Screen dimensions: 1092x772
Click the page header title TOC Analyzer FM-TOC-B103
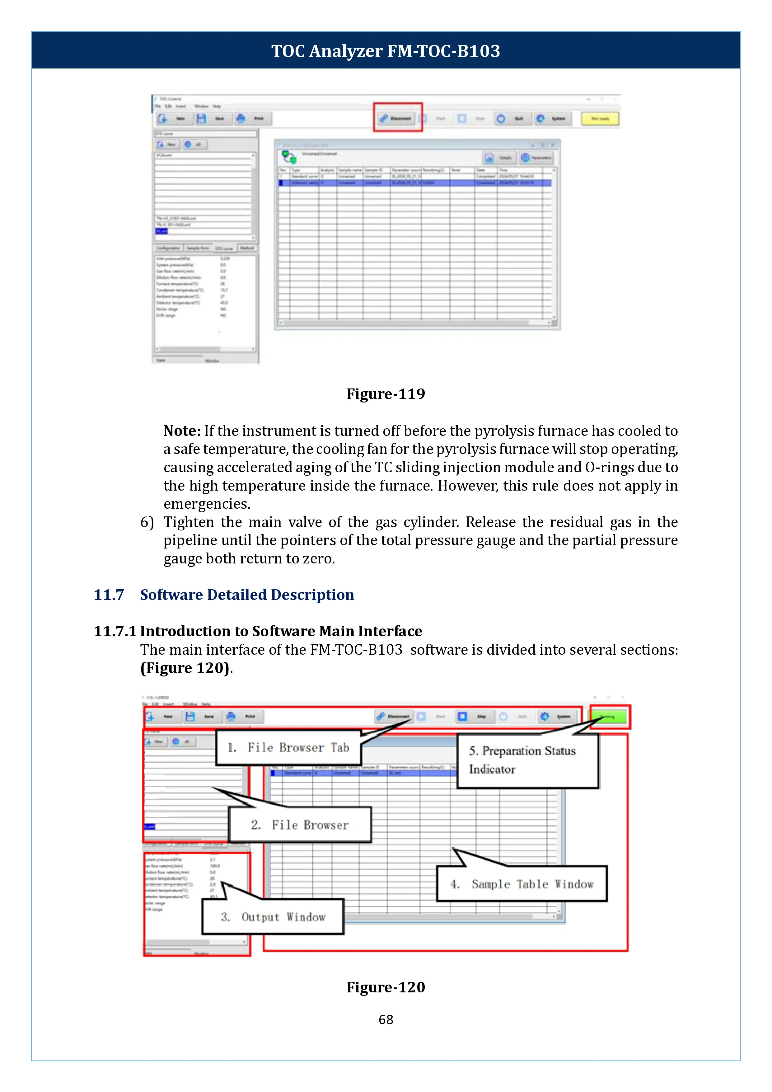(386, 51)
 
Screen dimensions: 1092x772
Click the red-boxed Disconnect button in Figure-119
(397, 118)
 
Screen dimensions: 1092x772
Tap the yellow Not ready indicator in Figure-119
(600, 118)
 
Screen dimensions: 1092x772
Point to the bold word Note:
(182, 431)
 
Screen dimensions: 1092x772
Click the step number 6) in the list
(147, 522)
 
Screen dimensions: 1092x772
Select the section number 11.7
(109, 595)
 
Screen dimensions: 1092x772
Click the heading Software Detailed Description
(247, 595)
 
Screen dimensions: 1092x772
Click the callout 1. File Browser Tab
(288, 748)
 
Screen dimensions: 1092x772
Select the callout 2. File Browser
(300, 825)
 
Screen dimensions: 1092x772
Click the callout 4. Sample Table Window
(522, 884)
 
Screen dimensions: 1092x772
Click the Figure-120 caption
(386, 987)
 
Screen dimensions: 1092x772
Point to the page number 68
(386, 1020)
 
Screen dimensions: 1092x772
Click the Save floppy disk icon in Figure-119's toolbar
(202, 118)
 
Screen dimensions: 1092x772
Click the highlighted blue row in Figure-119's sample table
(414, 183)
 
